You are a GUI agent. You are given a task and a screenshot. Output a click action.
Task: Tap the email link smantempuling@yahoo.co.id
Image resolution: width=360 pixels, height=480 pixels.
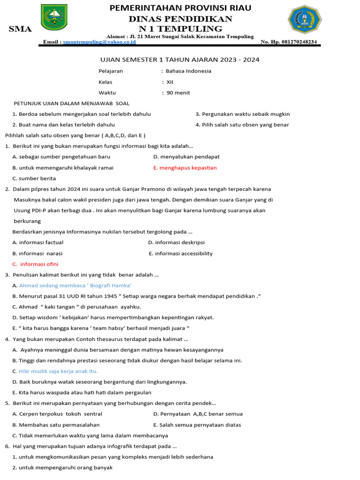click(99, 42)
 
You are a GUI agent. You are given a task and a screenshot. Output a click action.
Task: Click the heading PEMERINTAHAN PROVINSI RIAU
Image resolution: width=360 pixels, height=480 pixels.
click(180, 8)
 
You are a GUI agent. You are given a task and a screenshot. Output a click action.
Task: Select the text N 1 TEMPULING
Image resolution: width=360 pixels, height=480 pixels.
click(180, 29)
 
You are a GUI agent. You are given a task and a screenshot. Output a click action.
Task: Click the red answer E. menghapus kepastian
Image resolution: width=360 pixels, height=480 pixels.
click(185, 168)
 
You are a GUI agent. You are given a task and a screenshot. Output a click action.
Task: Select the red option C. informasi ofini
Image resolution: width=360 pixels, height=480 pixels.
click(36, 264)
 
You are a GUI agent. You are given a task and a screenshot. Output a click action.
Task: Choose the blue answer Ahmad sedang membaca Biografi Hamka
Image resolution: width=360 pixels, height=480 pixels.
click(75, 285)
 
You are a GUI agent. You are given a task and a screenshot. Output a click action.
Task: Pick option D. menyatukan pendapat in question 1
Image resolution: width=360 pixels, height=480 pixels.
click(187, 157)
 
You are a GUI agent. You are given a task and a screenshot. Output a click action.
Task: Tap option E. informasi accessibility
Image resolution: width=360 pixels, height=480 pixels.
click(180, 254)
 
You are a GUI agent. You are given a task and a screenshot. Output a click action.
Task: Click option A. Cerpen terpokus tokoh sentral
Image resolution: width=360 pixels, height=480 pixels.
click(57, 414)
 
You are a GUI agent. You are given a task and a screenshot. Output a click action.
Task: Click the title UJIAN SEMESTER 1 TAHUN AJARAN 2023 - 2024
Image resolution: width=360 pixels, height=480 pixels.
click(180, 60)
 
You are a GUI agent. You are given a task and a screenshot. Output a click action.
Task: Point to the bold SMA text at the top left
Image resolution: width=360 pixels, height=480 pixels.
click(21, 30)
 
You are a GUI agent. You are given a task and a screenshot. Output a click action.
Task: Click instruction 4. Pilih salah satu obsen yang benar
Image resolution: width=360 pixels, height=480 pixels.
click(242, 125)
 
